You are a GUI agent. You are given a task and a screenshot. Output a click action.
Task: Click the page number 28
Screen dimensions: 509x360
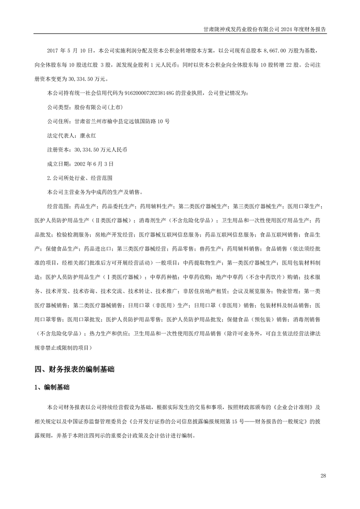point(323,475)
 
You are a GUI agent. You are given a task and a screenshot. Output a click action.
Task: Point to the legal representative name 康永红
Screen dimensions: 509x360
point(89,135)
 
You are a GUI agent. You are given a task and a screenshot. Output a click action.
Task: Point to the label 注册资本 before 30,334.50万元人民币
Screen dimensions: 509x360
point(58,149)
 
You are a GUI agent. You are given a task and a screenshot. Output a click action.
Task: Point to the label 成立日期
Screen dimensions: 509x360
point(58,163)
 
